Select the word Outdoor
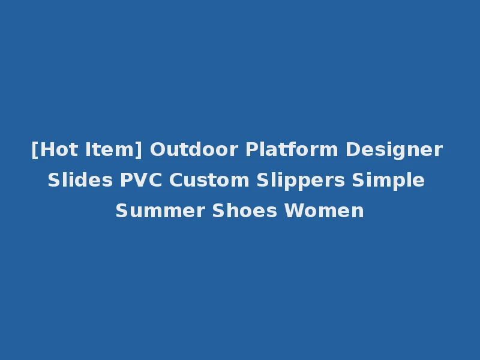pyautogui.click(x=194, y=149)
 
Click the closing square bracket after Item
pyautogui.click(x=139, y=149)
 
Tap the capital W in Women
pyautogui.click(x=292, y=211)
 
